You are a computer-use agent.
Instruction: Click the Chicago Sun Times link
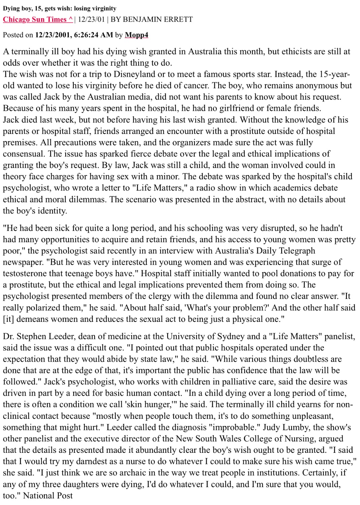coord(38,20)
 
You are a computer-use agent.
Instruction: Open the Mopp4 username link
coord(136,35)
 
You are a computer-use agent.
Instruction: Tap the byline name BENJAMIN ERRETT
coord(158,20)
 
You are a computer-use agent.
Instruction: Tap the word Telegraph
coord(295,251)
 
